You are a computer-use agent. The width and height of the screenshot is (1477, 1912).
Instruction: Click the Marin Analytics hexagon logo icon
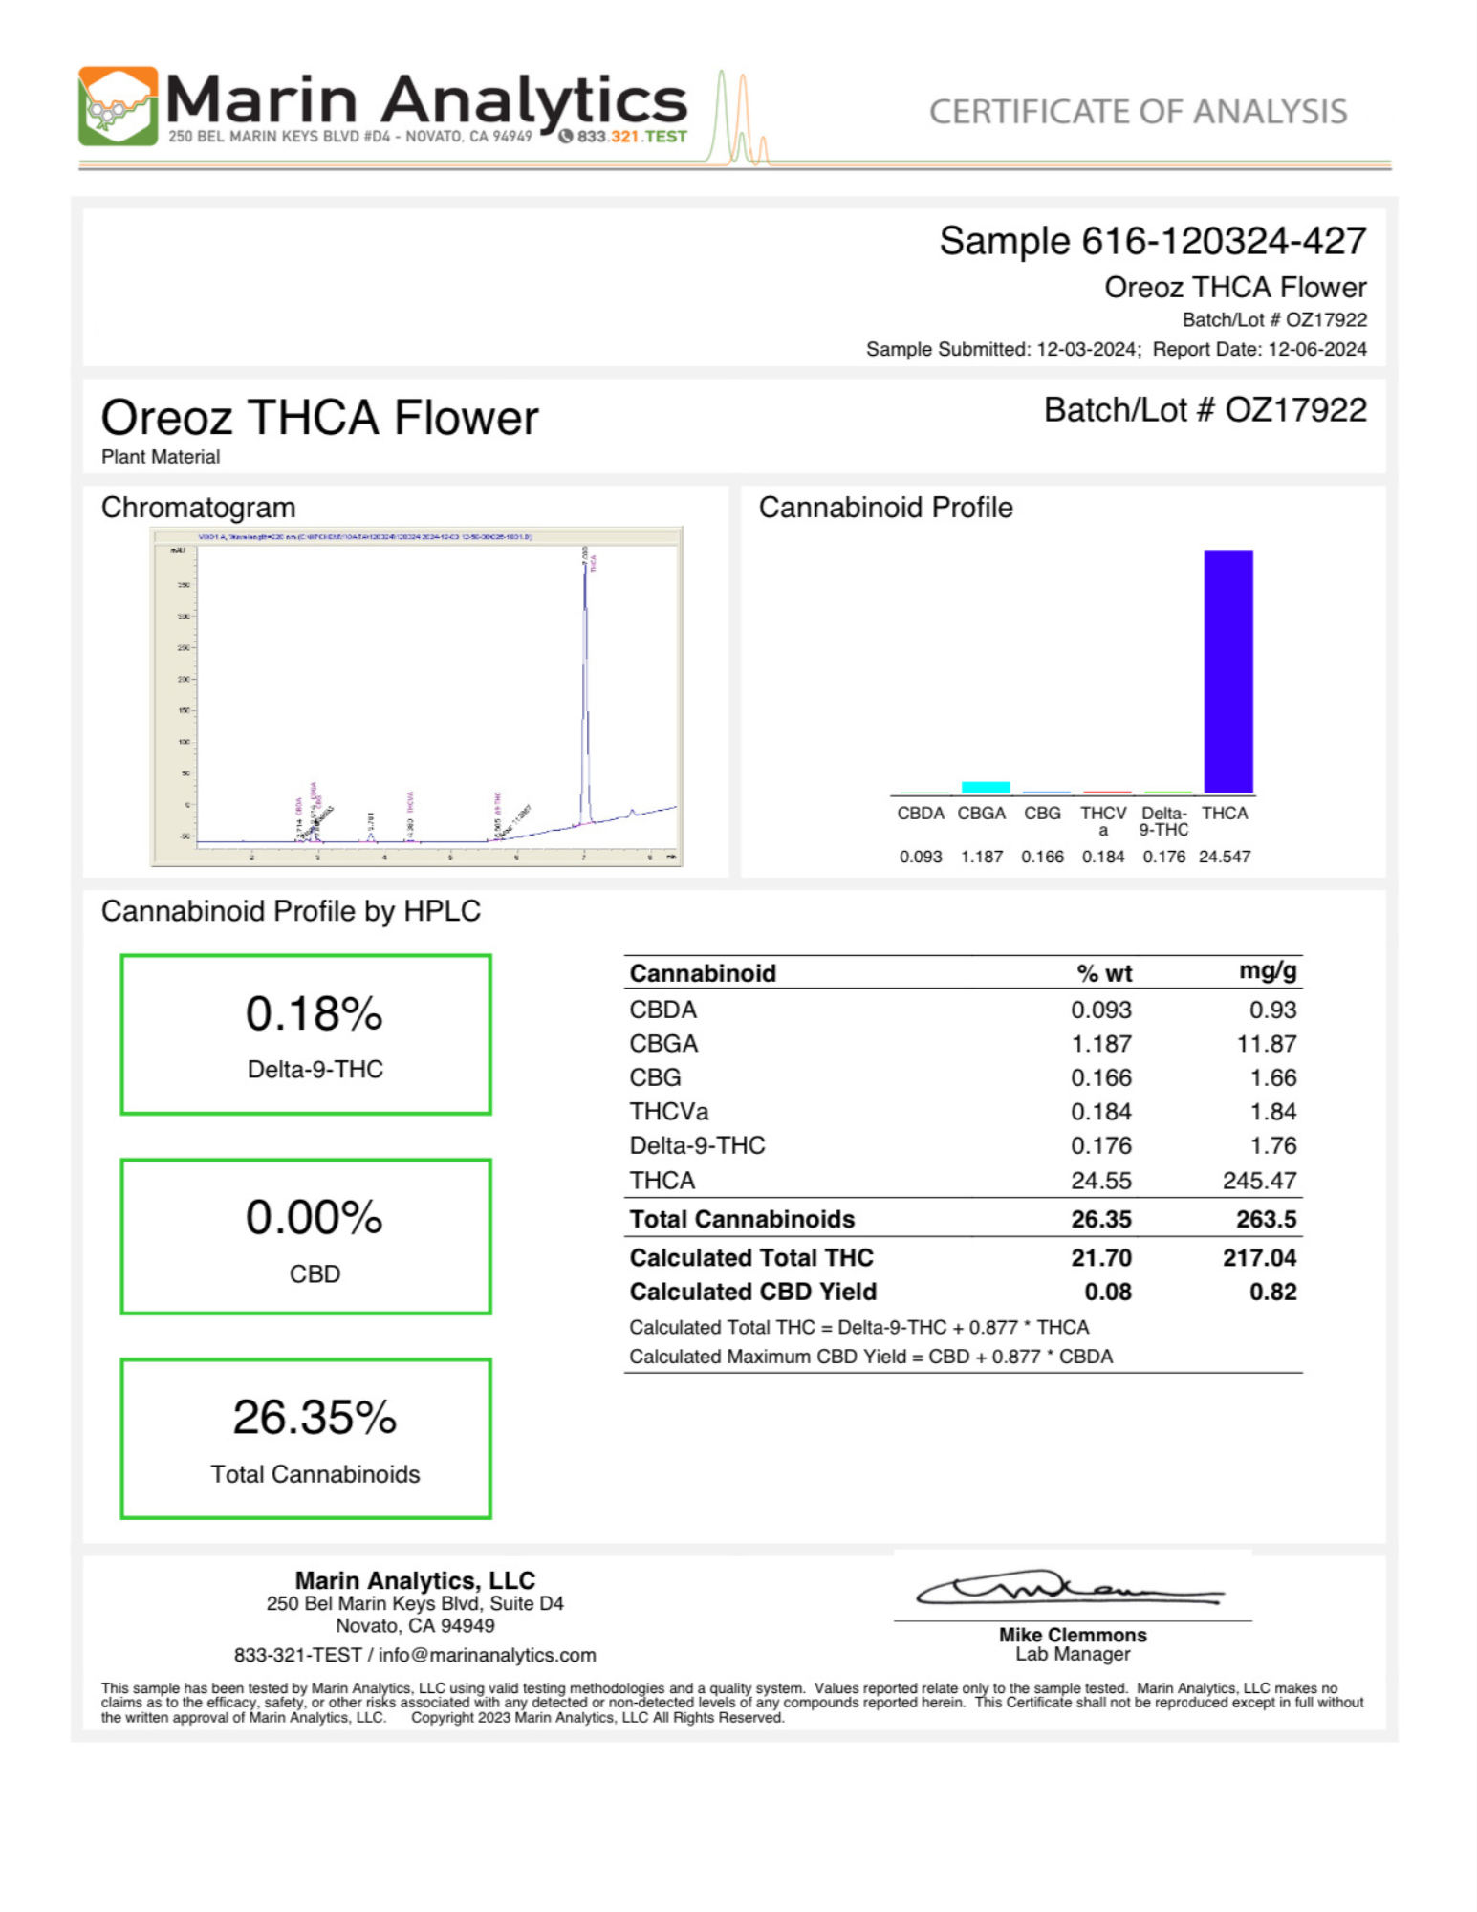[118, 106]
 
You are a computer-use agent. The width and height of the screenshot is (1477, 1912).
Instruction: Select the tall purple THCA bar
[1227, 671]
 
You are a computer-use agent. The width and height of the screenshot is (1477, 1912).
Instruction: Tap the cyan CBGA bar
[985, 787]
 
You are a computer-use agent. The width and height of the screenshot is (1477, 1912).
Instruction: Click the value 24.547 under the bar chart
[1225, 857]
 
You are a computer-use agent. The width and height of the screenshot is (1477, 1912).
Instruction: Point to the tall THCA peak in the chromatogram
[585, 669]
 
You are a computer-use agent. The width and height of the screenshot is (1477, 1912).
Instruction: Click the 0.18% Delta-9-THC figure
[314, 1013]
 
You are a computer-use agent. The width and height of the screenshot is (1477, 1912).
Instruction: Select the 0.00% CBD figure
[314, 1217]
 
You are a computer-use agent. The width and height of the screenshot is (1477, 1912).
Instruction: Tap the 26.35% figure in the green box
[314, 1417]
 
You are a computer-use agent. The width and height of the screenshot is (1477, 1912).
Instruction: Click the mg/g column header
[1268, 971]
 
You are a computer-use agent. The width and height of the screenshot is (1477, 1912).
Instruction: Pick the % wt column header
[1104, 973]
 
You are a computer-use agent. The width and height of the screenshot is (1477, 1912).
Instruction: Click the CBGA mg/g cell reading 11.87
[1267, 1044]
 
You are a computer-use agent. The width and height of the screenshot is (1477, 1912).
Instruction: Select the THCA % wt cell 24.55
[1101, 1181]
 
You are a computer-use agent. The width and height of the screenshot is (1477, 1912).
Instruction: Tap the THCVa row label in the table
[668, 1112]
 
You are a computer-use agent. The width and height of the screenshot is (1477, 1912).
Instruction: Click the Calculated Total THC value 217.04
[1259, 1257]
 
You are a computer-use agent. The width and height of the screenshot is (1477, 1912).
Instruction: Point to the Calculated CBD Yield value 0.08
[1108, 1292]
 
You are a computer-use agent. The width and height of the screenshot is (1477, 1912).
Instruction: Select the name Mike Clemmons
[1073, 1635]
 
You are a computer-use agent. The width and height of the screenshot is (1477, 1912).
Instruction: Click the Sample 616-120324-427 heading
[1152, 241]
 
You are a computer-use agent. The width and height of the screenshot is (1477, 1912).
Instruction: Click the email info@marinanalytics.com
[487, 1655]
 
